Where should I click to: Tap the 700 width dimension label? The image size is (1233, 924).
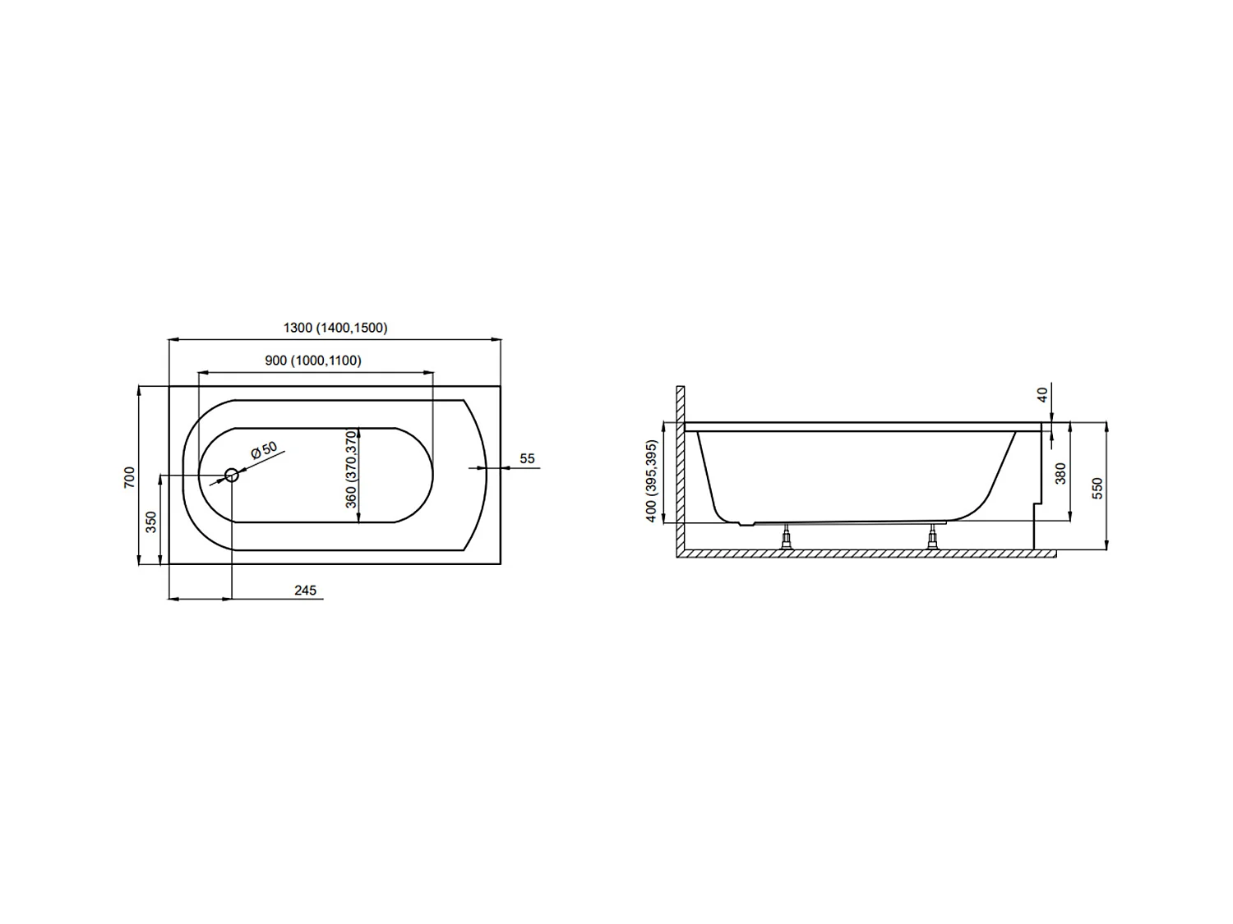point(129,477)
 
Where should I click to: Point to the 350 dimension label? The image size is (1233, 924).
point(151,522)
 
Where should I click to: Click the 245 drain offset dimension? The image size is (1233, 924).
point(305,591)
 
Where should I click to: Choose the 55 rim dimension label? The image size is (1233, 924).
point(528,458)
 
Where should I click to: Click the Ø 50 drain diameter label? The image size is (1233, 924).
point(264,450)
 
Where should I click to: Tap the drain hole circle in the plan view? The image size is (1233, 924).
point(232,475)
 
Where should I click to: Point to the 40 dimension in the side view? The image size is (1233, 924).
point(1043,395)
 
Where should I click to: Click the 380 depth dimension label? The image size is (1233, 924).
point(1060,473)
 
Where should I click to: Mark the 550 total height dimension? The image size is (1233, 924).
point(1097,488)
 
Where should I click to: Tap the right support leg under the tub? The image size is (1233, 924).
point(932,538)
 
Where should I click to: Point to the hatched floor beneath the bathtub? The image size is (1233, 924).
point(863,554)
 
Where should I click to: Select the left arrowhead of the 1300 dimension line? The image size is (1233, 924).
point(173,338)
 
